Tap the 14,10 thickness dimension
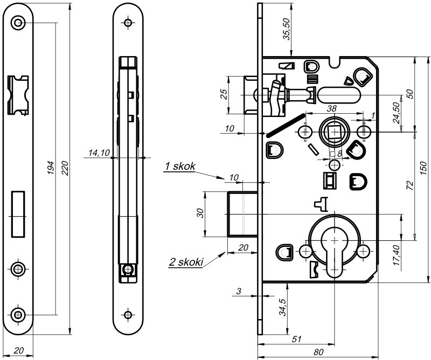[x=97, y=154]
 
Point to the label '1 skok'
[x=179, y=167]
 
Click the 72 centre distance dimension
[x=409, y=185]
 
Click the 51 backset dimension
[x=296, y=339]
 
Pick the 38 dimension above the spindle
[x=332, y=108]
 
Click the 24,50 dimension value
[x=395, y=113]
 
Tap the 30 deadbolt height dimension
[x=200, y=213]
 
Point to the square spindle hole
[x=335, y=131]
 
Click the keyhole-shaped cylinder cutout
[x=335, y=248]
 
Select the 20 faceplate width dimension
[x=19, y=350]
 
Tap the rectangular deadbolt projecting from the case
[x=241, y=213]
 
